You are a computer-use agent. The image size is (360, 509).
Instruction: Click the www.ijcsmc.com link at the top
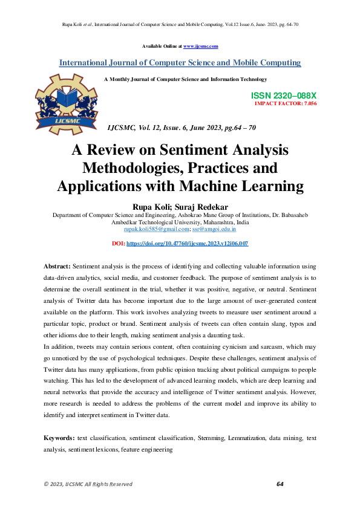pos(200,46)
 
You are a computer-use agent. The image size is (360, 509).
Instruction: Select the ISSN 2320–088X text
pos(283,96)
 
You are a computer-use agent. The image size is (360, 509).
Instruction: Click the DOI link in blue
pos(187,243)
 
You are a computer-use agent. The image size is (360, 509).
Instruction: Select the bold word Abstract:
pos(57,267)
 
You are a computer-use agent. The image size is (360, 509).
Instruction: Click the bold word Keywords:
pos(59,437)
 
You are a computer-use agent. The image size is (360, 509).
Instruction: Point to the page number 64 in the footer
pos(280,484)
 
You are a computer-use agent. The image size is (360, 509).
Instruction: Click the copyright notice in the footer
pos(88,484)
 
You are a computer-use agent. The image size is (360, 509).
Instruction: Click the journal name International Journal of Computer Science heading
pos(180,63)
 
